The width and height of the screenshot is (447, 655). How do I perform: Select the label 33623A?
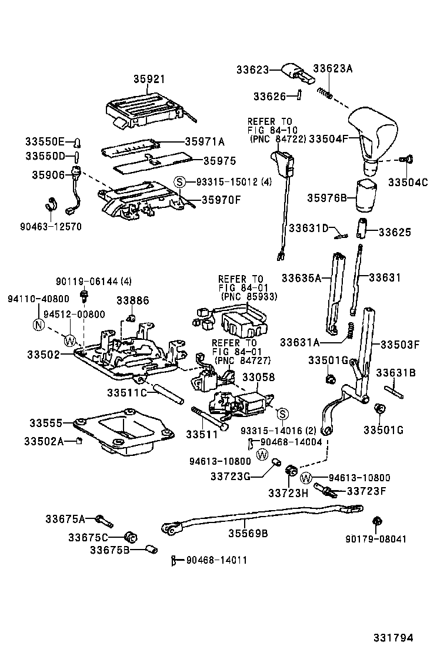(x=332, y=69)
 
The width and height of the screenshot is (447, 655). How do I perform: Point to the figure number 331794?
(x=392, y=637)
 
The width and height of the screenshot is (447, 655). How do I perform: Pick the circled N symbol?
(x=38, y=324)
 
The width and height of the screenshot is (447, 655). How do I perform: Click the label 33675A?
(x=65, y=519)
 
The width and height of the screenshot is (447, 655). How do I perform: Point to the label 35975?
(x=219, y=160)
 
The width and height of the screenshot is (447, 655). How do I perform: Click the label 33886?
(x=132, y=300)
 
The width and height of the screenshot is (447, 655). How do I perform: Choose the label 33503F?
(x=399, y=345)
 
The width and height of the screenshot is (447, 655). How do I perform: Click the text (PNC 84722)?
(x=276, y=139)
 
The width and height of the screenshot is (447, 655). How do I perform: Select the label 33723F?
(x=366, y=490)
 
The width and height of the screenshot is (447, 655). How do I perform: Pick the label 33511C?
(x=126, y=393)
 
